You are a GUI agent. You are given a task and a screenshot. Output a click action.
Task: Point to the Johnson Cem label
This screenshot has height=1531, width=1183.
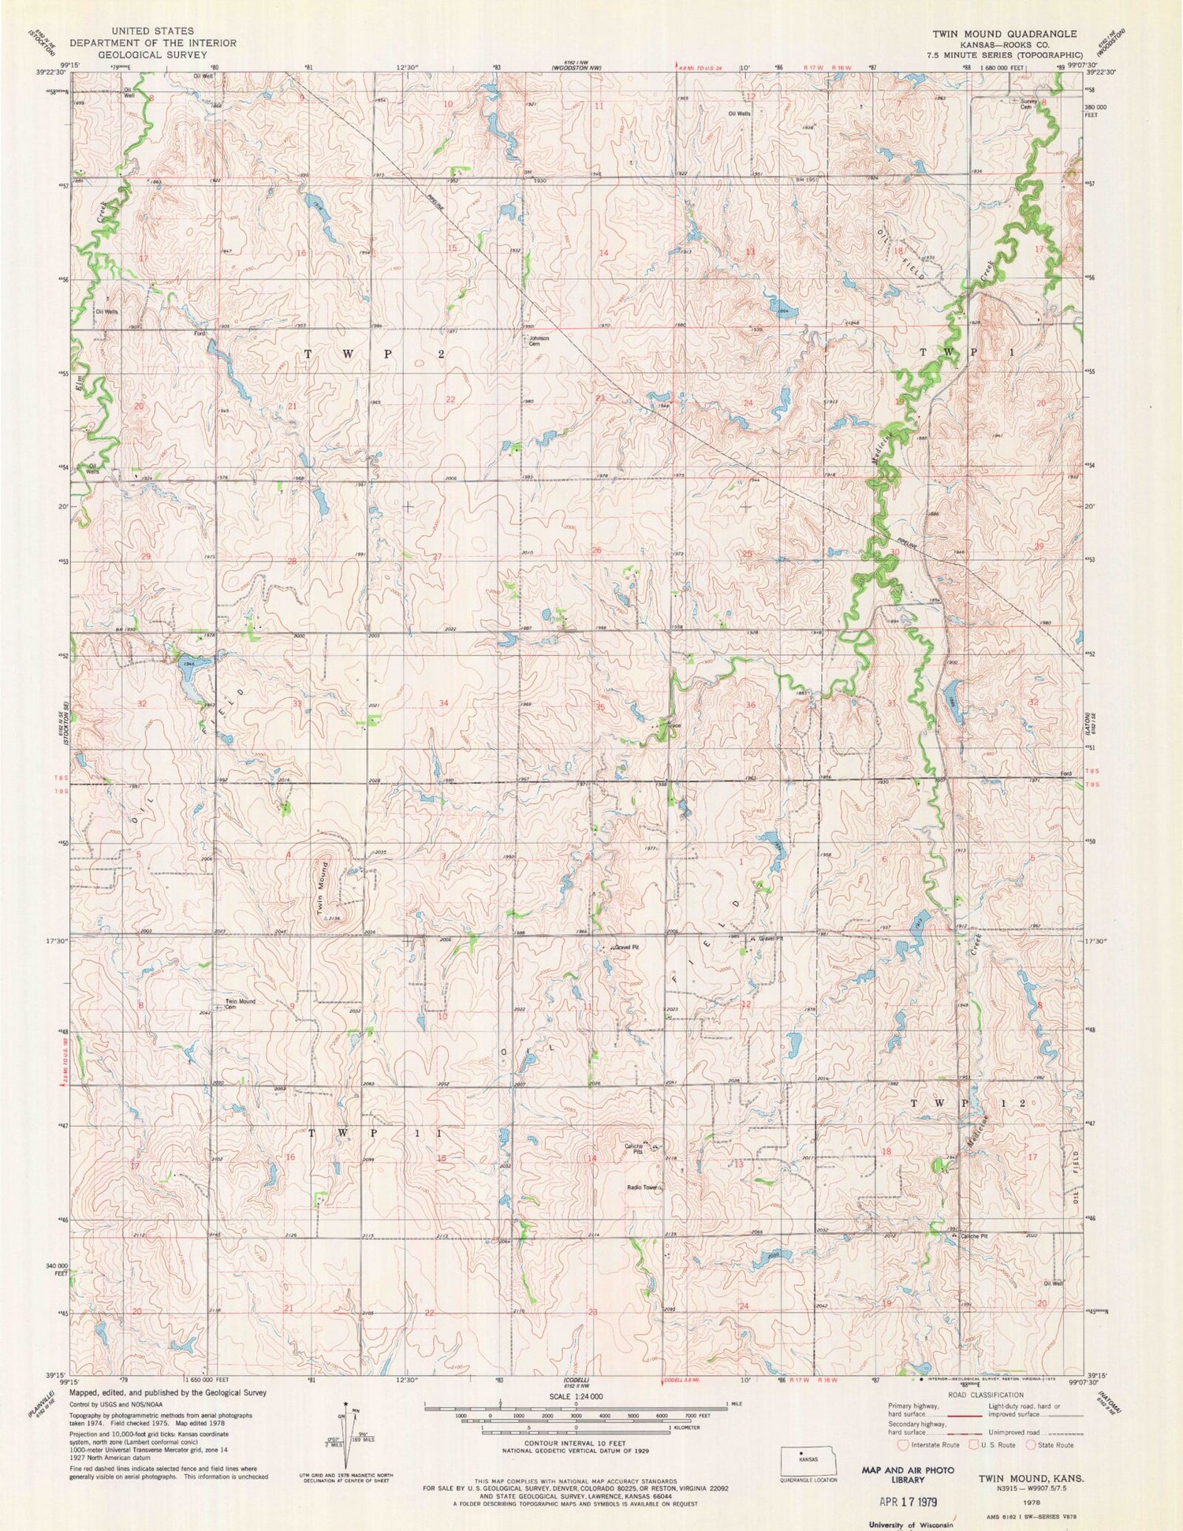539,341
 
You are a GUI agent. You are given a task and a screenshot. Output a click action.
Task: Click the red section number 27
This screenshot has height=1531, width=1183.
436,557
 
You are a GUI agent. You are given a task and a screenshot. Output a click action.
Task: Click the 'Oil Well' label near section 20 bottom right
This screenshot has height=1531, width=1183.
1054,1283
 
